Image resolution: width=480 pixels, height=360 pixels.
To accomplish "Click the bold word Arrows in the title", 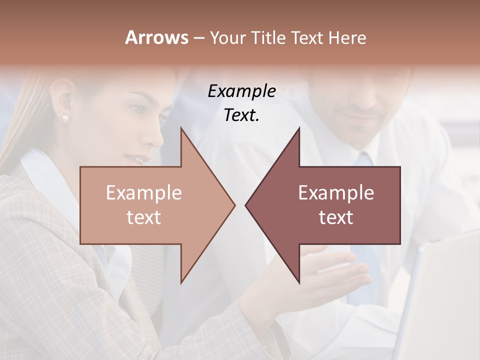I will [x=156, y=37].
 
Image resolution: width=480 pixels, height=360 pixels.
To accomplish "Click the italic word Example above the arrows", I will [x=241, y=91].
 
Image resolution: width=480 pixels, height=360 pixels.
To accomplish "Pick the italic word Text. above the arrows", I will [x=241, y=115].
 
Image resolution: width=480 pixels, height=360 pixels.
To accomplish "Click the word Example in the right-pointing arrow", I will [x=143, y=193].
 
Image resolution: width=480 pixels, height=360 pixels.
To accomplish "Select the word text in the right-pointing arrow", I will [x=143, y=217].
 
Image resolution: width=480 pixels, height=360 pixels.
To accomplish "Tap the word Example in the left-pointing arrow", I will [x=336, y=193].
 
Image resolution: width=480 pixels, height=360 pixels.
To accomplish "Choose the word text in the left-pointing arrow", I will [x=336, y=217].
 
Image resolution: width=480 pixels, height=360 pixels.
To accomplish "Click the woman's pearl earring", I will [x=65, y=118].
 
